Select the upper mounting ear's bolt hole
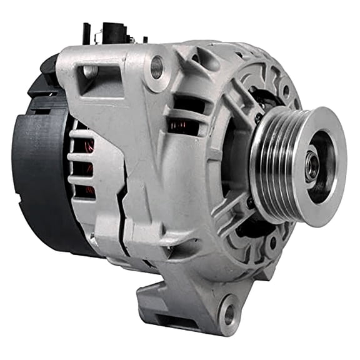click(x=157, y=66)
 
